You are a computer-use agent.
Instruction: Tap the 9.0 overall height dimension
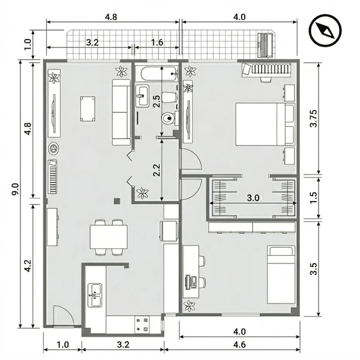click(x=15, y=189)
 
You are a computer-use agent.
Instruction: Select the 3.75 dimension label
click(x=313, y=118)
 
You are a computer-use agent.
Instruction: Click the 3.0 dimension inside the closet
click(x=253, y=197)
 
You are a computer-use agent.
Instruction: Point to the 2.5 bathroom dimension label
click(x=157, y=101)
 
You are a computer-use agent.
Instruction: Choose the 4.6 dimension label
click(x=239, y=344)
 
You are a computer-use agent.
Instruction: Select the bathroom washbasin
click(x=142, y=96)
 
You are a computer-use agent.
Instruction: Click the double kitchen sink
click(x=95, y=295)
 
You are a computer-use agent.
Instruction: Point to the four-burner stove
click(x=142, y=325)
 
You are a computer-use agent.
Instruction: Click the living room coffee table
click(x=88, y=109)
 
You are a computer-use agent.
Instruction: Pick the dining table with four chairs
click(x=109, y=237)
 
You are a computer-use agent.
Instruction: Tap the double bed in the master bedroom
click(x=265, y=124)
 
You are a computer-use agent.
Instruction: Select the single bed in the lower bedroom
click(x=281, y=275)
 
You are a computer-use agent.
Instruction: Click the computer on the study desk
click(x=191, y=282)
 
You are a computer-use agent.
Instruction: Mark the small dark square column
click(x=117, y=201)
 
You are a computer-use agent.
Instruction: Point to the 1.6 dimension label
click(x=157, y=42)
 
